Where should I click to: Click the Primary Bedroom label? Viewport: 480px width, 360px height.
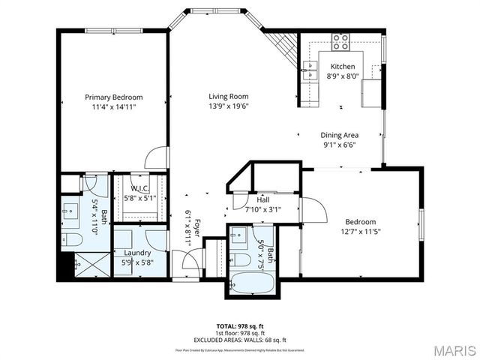(113, 97)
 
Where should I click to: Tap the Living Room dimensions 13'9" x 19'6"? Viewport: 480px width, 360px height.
(228, 106)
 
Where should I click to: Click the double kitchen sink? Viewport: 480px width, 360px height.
(308, 72)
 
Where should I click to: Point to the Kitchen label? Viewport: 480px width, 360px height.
(343, 67)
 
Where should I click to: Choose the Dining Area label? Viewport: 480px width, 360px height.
(339, 135)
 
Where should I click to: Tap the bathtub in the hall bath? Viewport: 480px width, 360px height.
(253, 284)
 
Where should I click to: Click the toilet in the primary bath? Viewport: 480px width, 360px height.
(73, 241)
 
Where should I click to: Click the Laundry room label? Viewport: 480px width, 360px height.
(137, 253)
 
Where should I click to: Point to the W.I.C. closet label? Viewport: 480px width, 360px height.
(139, 188)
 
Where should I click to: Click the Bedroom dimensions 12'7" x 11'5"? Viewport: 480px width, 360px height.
(361, 231)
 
